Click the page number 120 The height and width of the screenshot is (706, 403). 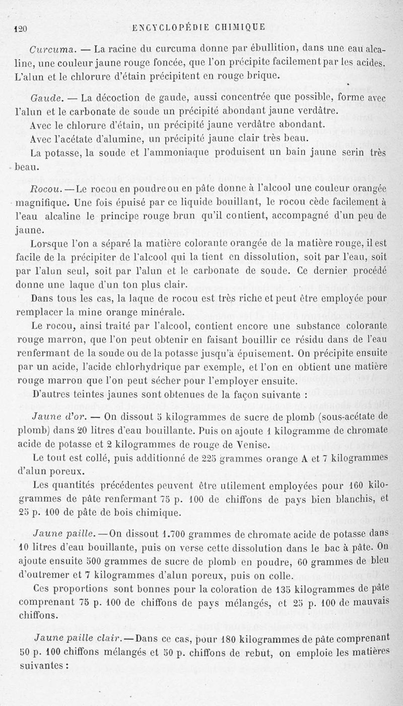[20, 28]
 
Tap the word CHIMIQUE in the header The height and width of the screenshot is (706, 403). [241, 27]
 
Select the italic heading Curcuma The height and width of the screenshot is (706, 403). [52, 49]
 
